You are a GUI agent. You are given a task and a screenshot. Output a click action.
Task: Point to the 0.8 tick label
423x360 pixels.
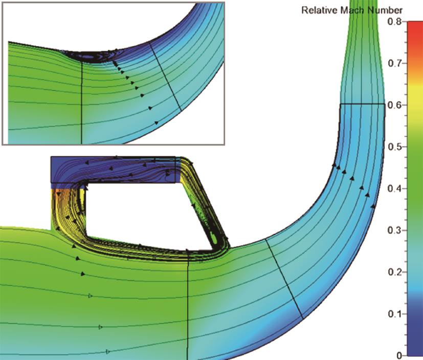[x=394, y=22]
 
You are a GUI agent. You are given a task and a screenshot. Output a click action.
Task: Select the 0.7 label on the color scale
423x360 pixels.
[x=394, y=63]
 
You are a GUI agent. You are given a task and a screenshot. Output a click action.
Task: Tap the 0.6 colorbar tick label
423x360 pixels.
[x=394, y=105]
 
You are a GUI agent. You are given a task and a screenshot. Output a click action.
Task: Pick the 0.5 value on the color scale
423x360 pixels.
[x=394, y=146]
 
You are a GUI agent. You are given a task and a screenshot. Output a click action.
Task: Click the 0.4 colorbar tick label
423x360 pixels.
[x=394, y=188]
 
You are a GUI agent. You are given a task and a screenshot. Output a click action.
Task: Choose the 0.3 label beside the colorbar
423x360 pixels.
[x=394, y=230]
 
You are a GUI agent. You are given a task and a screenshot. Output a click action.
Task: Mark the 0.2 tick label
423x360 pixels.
[x=394, y=272]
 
